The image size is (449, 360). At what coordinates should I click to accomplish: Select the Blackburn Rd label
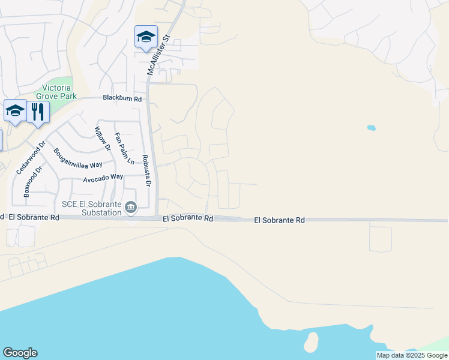pos(122,98)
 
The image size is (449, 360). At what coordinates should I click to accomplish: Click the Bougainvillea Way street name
pos(78,158)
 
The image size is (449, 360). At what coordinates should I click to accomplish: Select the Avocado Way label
pos(103,177)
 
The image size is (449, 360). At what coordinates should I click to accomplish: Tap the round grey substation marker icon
pos(131,208)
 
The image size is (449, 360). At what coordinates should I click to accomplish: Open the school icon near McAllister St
pos(146,37)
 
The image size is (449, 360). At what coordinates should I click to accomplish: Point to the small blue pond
pos(372,128)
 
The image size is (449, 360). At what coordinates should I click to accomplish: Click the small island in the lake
pos(311,342)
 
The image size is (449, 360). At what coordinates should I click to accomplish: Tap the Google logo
pos(20,353)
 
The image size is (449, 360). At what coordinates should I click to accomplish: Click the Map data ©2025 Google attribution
pos(412,355)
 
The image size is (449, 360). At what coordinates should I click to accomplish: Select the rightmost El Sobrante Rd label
pos(279,221)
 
